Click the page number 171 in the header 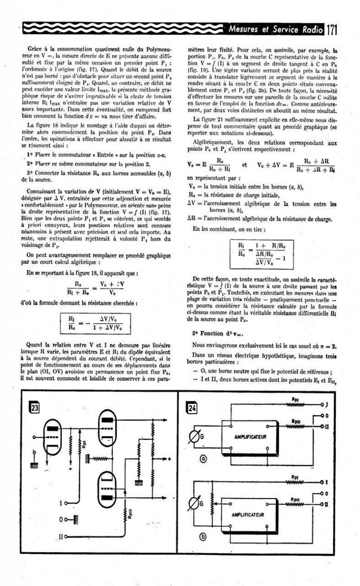point(331,30)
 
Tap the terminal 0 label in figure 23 point(61,519)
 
